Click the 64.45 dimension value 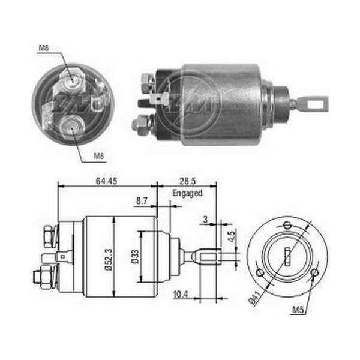(106, 181)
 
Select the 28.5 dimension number (188, 181)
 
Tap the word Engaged (187, 193)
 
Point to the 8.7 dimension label (142, 201)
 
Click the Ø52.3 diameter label (109, 259)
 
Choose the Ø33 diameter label (135, 257)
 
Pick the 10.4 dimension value (181, 294)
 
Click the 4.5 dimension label (232, 236)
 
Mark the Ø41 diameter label (256, 298)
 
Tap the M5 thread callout (298, 310)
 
